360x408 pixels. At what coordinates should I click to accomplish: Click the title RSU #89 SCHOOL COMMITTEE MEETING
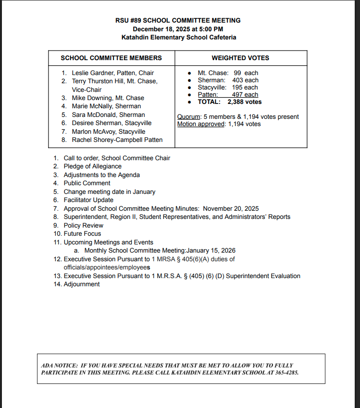[x=178, y=21]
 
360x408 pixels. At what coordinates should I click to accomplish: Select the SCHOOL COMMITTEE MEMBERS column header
[x=111, y=58]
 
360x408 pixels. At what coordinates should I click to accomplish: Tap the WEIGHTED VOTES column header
[x=240, y=58]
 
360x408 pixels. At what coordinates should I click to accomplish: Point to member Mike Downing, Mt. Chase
[x=108, y=98]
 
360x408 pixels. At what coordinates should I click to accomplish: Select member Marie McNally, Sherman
[x=106, y=106]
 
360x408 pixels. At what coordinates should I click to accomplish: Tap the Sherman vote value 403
[x=238, y=80]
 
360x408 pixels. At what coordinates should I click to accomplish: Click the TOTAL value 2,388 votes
[x=245, y=102]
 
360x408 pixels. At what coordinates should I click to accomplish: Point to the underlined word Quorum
[x=188, y=117]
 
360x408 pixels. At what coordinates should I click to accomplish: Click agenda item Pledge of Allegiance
[x=92, y=166]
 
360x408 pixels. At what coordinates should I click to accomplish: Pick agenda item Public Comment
[x=87, y=183]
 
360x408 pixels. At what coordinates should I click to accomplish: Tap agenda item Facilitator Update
[x=88, y=200]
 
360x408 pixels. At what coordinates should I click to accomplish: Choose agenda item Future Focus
[x=82, y=234]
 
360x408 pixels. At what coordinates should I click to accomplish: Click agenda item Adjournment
[x=82, y=284]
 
